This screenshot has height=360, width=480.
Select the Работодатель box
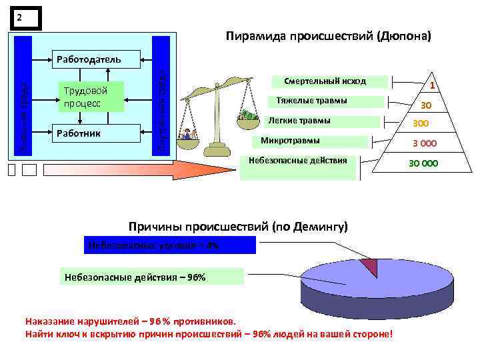pyautogui.click(x=88, y=59)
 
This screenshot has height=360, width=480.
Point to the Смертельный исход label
pyautogui.click(x=325, y=81)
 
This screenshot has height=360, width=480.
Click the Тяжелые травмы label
pyautogui.click(x=311, y=101)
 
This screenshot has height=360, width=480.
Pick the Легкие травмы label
pyautogui.click(x=299, y=121)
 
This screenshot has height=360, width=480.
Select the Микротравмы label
pyautogui.click(x=290, y=141)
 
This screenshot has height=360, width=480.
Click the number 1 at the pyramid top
pyautogui.click(x=432, y=86)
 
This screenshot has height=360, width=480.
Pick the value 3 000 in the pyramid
pyautogui.click(x=424, y=144)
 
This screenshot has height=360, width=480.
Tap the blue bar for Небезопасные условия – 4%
pyautogui.click(x=170, y=245)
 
